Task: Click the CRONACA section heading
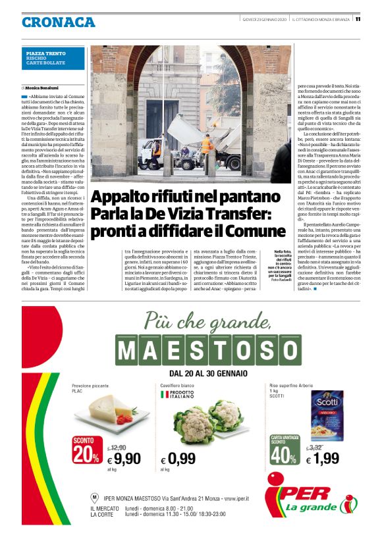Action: [x=58, y=22]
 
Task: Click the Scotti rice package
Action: [x=328, y=410]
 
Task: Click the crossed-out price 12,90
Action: [x=117, y=447]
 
